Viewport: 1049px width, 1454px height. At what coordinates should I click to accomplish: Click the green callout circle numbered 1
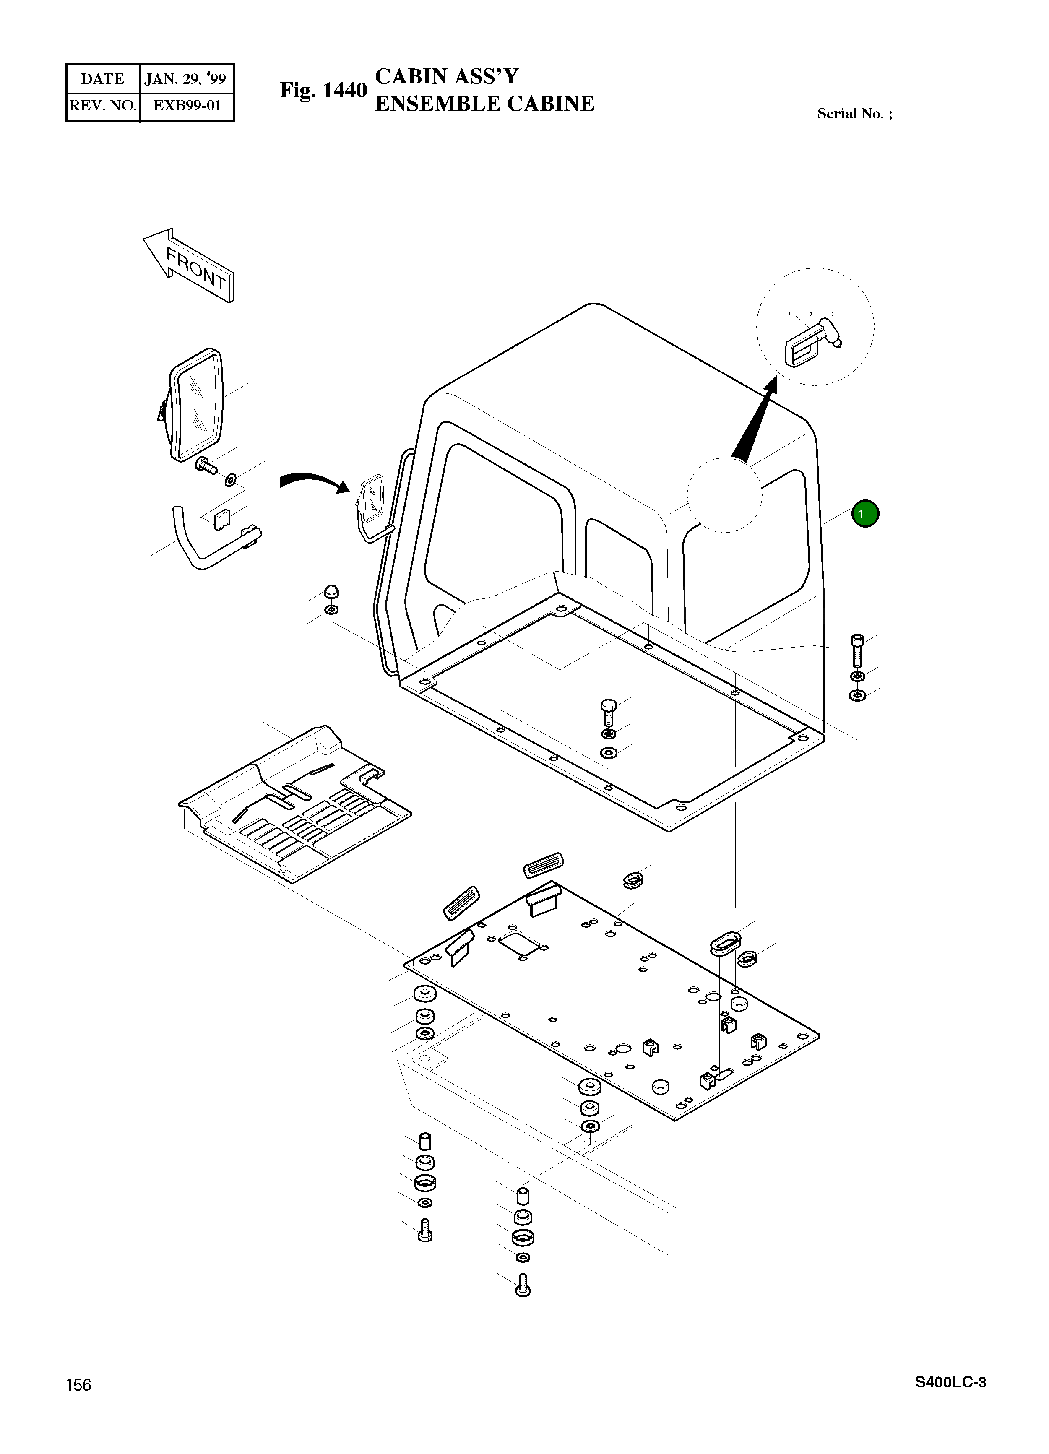865,513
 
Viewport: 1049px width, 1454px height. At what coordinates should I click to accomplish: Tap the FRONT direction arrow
188,265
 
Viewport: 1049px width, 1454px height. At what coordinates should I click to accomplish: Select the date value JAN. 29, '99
185,79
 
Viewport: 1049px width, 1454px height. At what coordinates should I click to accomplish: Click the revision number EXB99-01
187,105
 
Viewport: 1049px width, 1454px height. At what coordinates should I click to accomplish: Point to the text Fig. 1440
323,91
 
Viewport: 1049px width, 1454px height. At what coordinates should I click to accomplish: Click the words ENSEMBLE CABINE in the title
485,103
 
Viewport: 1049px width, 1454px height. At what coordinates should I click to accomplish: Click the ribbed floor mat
295,804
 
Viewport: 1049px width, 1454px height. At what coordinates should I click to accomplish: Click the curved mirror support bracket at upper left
215,540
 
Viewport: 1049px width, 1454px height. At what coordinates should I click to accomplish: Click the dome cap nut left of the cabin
331,591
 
